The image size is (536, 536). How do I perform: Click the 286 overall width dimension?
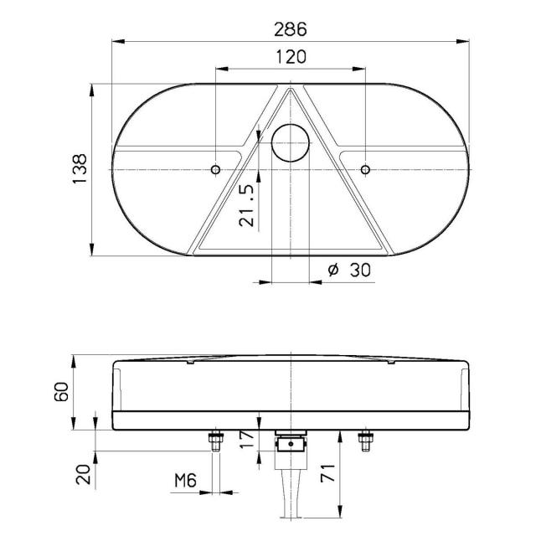(291, 29)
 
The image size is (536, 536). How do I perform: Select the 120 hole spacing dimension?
(291, 57)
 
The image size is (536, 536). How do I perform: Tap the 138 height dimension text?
(80, 169)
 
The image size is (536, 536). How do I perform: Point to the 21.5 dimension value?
(247, 205)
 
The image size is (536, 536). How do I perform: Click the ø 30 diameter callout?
(349, 270)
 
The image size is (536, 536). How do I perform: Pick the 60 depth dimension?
(61, 392)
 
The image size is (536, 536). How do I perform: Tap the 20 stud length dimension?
(84, 475)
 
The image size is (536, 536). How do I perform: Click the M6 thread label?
(186, 480)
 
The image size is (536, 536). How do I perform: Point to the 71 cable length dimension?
(327, 473)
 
